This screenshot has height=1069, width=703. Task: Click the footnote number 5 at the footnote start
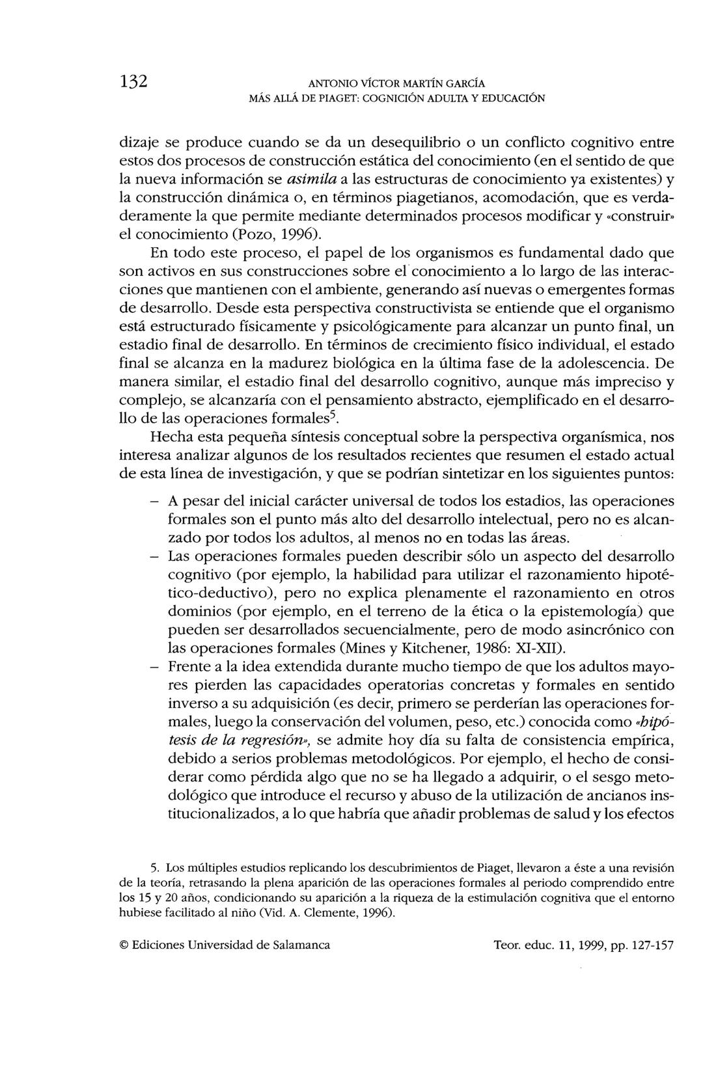(x=154, y=868)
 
